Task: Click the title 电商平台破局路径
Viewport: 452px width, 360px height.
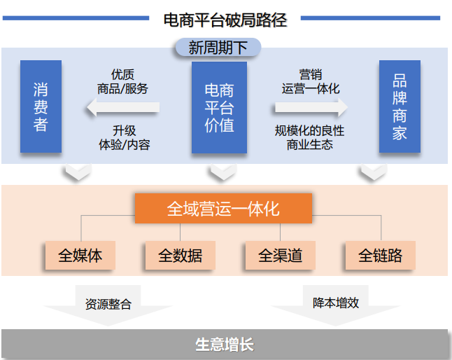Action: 225,19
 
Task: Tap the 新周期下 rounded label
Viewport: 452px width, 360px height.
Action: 218,48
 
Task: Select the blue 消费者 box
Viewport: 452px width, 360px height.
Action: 41,106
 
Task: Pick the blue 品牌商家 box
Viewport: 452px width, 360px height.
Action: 400,106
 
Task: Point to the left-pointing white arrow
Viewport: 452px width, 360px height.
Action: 122,108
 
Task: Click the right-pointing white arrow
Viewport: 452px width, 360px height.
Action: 311,108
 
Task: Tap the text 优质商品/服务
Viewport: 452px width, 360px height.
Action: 122,82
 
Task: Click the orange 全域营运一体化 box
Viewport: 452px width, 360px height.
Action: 223,209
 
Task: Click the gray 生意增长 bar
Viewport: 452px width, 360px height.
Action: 224,345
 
